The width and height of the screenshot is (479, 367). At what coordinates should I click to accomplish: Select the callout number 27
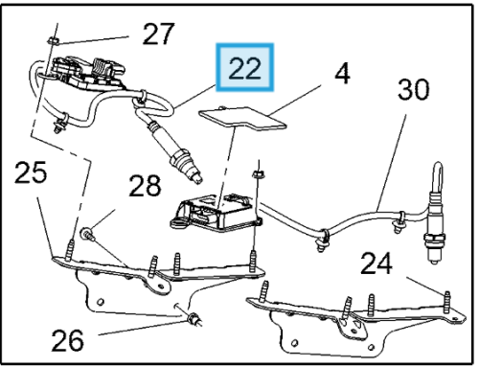158,34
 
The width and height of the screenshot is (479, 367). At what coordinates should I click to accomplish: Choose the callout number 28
145,186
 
